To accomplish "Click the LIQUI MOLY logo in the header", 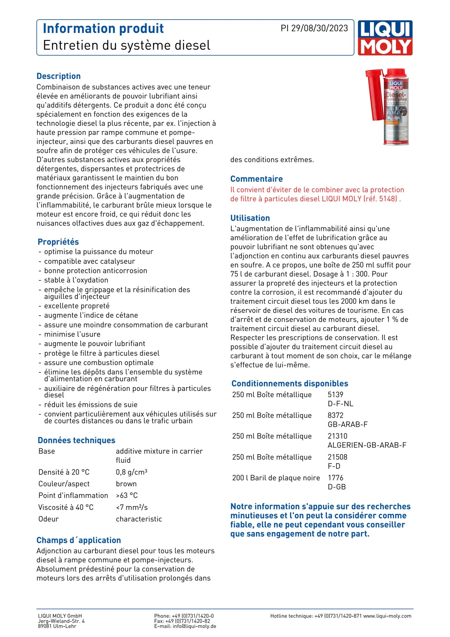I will (385, 38).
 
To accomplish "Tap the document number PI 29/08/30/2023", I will (314, 28).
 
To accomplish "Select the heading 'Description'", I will (59, 76).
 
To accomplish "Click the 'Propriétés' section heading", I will (58, 242).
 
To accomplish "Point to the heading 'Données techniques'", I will (76, 440).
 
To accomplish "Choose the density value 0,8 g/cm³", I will (131, 472).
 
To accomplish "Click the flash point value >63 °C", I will (127, 495).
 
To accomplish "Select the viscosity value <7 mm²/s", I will (132, 507).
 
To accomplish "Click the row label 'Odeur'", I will (48, 519).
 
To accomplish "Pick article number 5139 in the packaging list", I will (335, 395).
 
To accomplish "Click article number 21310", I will (337, 436).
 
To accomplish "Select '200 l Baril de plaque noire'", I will (276, 478).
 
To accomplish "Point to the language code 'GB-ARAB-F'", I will (348, 425).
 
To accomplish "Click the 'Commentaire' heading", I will (256, 179).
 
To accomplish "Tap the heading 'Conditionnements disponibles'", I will (290, 383).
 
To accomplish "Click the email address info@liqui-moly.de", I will (194, 626).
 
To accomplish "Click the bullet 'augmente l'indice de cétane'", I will (91, 315).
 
